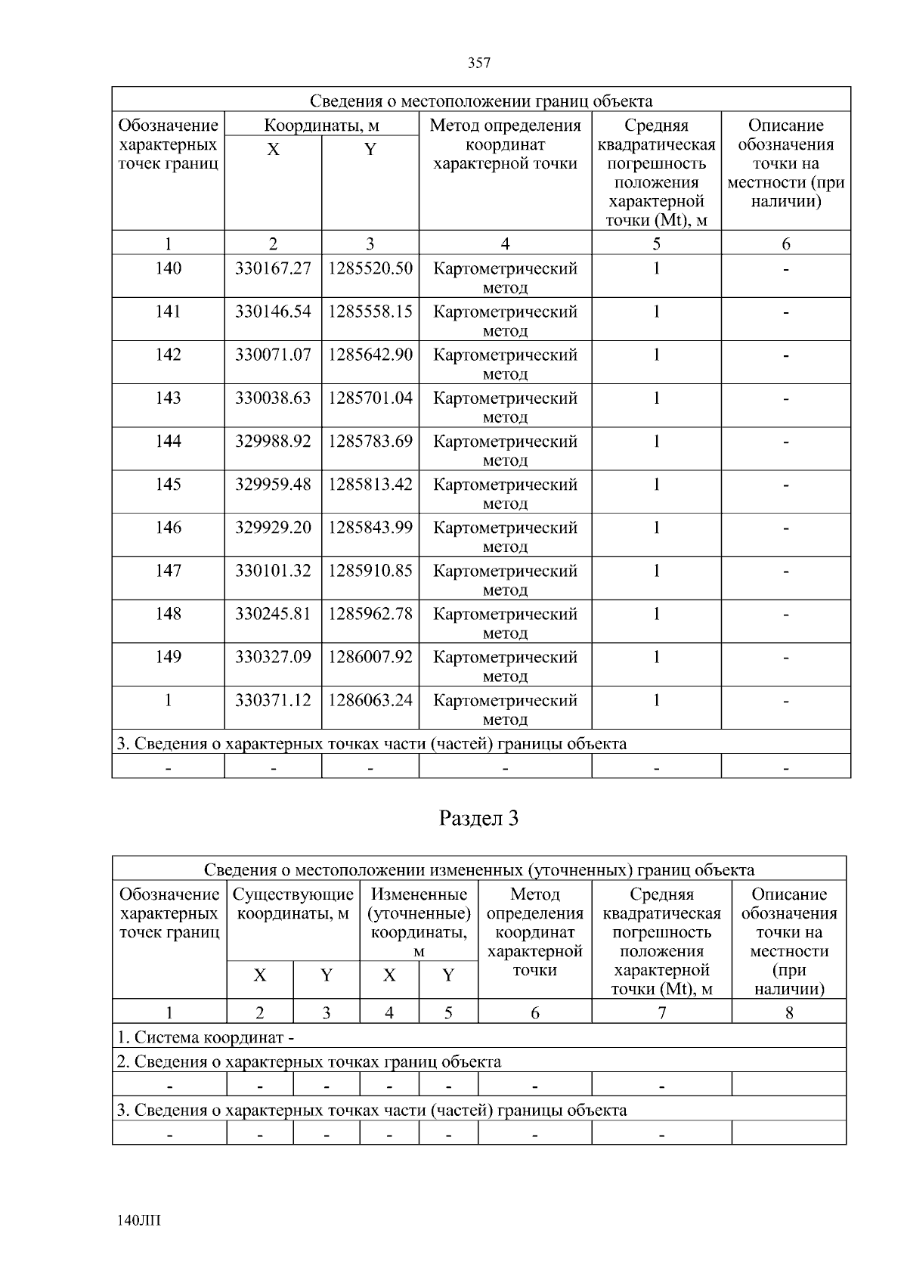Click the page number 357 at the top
pyautogui.click(x=479, y=64)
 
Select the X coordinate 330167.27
pyautogui.click(x=273, y=268)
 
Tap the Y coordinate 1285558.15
pyautogui.click(x=370, y=311)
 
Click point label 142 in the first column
pyautogui.click(x=168, y=355)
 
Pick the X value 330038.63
pyautogui.click(x=273, y=398)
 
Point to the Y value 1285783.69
pyautogui.click(x=370, y=441)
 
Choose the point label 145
pyautogui.click(x=168, y=484)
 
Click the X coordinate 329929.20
pyautogui.click(x=273, y=527)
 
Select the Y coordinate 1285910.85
pyautogui.click(x=370, y=570)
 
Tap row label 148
pyautogui.click(x=168, y=613)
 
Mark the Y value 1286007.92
pyautogui.click(x=370, y=656)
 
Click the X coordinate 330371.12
pyautogui.click(x=273, y=700)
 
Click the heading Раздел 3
pyautogui.click(x=479, y=818)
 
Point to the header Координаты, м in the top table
pyautogui.click(x=321, y=126)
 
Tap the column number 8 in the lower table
pyautogui.click(x=789, y=1012)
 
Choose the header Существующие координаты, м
pyautogui.click(x=293, y=904)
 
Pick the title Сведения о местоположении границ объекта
pyautogui.click(x=481, y=101)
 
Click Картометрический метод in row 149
pyautogui.click(x=505, y=665)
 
